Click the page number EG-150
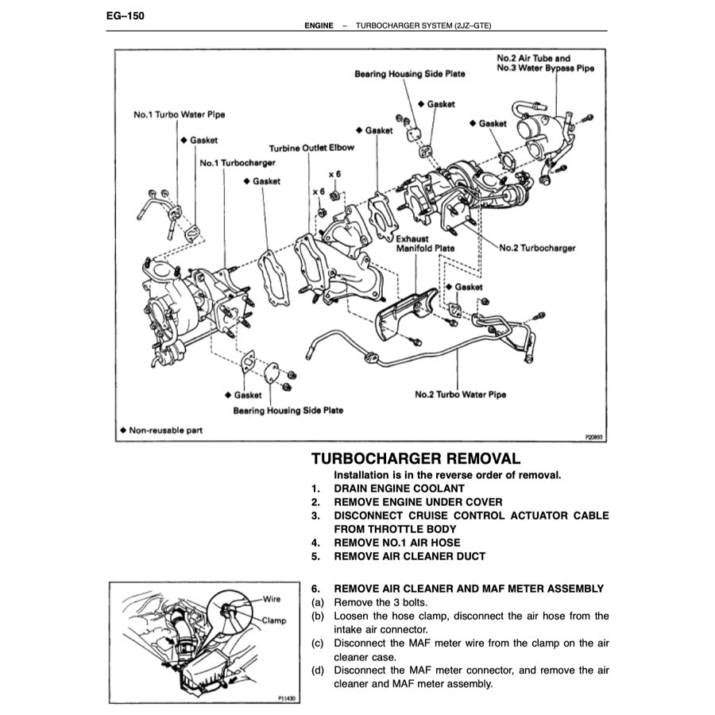(x=124, y=15)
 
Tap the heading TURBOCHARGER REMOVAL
(x=415, y=458)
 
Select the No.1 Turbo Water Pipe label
(x=179, y=114)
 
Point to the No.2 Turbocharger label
(x=536, y=248)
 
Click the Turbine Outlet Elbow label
(x=311, y=149)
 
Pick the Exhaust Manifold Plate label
(x=425, y=243)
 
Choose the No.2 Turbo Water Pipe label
(x=460, y=394)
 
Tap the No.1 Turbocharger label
(x=237, y=163)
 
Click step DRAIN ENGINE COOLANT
(x=399, y=489)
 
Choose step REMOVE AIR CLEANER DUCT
(x=409, y=556)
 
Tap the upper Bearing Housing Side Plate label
(x=409, y=74)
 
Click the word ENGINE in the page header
(x=319, y=26)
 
